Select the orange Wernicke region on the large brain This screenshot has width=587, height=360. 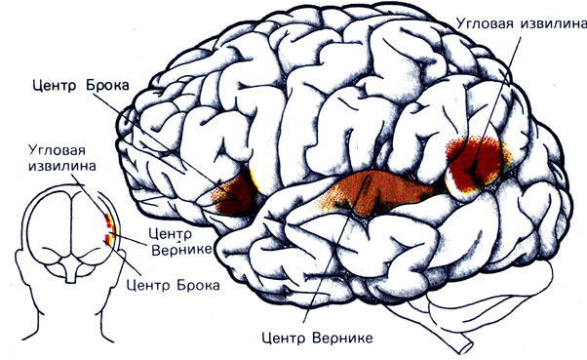(x=378, y=193)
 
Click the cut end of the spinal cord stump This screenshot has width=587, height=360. (x=466, y=346)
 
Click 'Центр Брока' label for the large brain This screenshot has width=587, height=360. (x=81, y=86)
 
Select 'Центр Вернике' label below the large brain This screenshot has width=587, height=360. (x=318, y=338)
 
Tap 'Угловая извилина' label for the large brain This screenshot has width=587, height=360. (x=521, y=23)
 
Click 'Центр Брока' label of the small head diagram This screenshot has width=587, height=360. (x=173, y=285)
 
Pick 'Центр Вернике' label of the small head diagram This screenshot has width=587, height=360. (x=180, y=242)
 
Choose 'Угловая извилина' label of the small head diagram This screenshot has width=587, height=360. (x=62, y=158)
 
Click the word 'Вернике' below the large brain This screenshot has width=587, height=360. (x=342, y=338)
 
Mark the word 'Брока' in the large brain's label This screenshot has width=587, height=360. (x=108, y=86)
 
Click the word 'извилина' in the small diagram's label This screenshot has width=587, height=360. (x=62, y=166)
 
